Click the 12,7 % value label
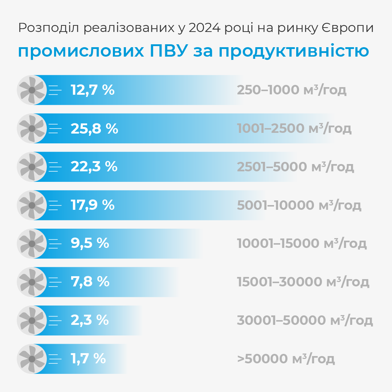pos(93,90)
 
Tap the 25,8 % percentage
pos(94,128)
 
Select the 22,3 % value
pos(94,167)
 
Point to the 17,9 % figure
pos(93,205)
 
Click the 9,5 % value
pos(90,244)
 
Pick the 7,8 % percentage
pos(90,282)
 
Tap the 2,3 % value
pos(90,320)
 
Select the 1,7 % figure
pos(88,359)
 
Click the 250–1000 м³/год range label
pos(291,90)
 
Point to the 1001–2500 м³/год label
pos(294,128)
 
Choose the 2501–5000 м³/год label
pos(295,167)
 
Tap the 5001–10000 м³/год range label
pos(299,205)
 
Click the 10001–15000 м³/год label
pos(302,244)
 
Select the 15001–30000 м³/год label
pos(303,282)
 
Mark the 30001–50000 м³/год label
pos(305,320)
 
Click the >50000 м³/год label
pos(286,359)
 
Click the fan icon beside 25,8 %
pos(32,128)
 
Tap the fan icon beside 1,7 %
pos(32,359)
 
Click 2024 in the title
pos(205,28)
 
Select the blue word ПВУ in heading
pos(169,51)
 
